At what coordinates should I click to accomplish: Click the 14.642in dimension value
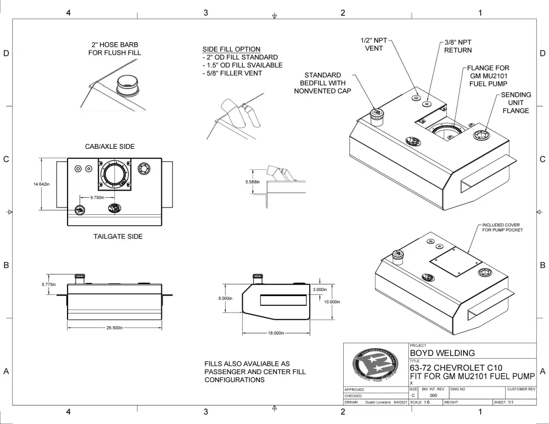[42, 184]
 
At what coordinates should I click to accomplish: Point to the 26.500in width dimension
[115, 327]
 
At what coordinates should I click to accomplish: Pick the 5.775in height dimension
[49, 284]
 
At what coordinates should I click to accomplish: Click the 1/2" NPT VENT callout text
[374, 44]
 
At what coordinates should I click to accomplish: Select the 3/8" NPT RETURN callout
[458, 46]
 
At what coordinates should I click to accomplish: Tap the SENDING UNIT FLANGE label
[516, 103]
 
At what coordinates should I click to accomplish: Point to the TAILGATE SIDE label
[118, 237]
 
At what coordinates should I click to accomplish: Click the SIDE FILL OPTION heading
[231, 49]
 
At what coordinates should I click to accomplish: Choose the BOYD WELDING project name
[442, 353]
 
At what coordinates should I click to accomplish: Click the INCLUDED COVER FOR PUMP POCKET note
[501, 227]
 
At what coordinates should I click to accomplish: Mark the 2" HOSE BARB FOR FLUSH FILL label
[115, 49]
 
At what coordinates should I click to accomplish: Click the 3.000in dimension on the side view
[320, 289]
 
